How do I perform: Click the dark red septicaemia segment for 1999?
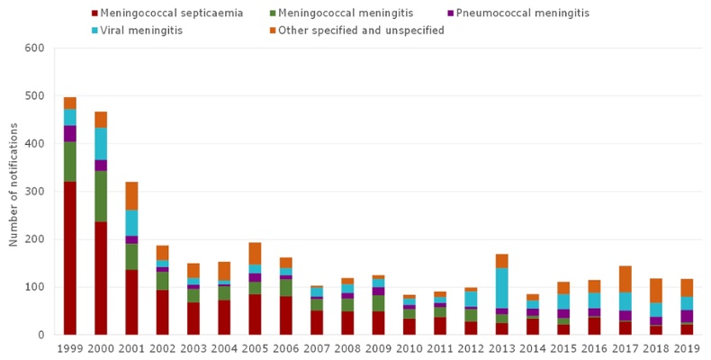(69, 257)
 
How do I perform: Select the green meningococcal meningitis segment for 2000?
(101, 196)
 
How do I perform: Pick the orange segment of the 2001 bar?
(131, 195)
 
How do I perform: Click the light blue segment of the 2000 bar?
(101, 143)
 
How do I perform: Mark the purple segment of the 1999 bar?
(69, 133)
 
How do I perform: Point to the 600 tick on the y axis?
(34, 48)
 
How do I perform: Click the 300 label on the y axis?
(34, 192)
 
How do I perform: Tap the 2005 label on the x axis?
(255, 348)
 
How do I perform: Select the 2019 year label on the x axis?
(686, 348)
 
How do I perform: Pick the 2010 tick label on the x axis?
(409, 348)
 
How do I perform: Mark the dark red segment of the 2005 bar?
(255, 314)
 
